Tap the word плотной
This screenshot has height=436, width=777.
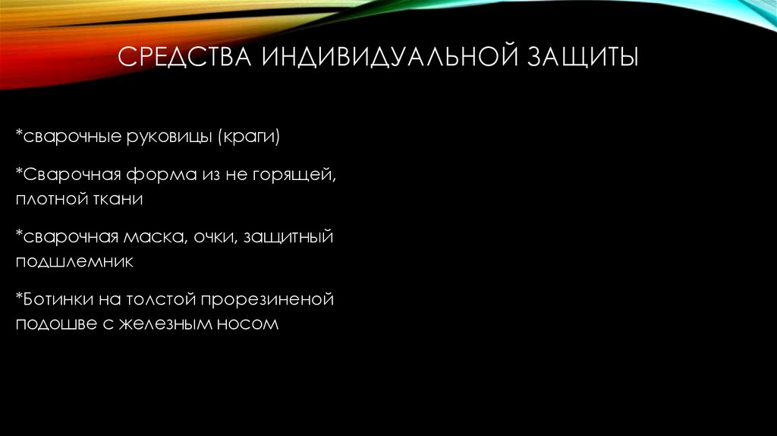click(49, 200)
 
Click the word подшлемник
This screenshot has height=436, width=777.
click(74, 262)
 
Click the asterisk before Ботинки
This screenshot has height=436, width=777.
click(18, 297)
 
